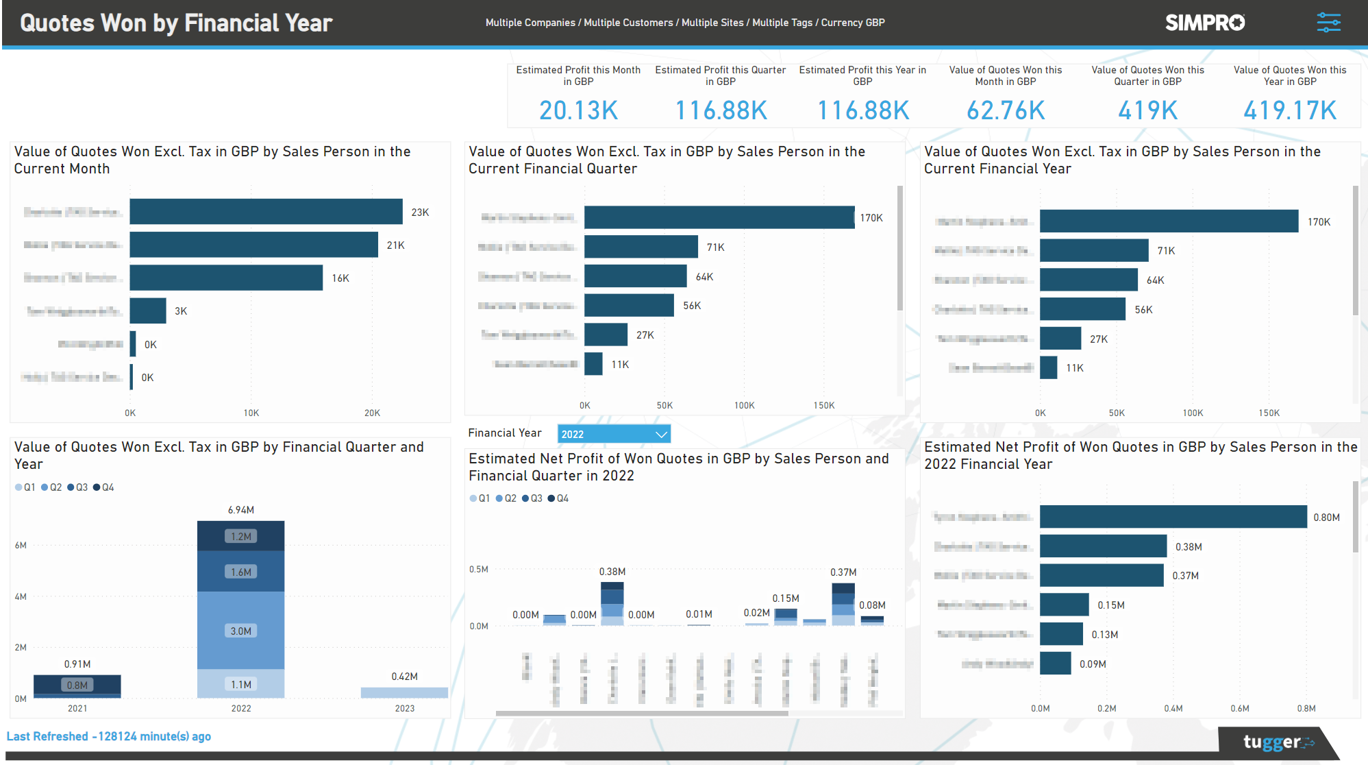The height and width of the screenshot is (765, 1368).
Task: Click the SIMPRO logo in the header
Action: click(1204, 23)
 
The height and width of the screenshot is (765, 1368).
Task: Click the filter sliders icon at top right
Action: click(1328, 23)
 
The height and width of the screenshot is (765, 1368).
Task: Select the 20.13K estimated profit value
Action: click(578, 110)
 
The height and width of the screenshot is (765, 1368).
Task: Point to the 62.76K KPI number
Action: click(1005, 110)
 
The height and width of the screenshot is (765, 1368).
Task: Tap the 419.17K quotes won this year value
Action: click(1289, 110)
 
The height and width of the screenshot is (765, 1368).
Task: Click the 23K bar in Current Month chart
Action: click(266, 212)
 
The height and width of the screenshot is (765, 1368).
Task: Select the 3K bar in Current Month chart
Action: click(148, 311)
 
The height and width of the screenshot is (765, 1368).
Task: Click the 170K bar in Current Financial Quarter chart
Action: click(719, 217)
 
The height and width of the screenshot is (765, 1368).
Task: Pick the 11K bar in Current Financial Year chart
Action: click(1048, 367)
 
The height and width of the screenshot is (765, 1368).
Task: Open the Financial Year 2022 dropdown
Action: click(613, 434)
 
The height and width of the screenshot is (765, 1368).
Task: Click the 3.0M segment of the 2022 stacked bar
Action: click(240, 631)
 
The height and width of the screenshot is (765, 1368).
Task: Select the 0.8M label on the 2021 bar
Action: click(77, 685)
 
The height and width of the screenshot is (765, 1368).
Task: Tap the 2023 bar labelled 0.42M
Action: click(404, 692)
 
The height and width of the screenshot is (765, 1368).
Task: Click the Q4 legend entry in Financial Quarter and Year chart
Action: click(104, 487)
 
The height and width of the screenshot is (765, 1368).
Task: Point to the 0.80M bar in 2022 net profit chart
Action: click(1172, 517)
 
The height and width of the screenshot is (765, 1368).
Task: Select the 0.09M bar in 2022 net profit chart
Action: click(1055, 664)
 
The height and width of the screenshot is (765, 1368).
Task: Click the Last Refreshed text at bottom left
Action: click(108, 736)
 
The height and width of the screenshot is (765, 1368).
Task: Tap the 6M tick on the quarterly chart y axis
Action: click(21, 546)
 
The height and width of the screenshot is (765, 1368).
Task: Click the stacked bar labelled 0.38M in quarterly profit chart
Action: click(612, 603)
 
